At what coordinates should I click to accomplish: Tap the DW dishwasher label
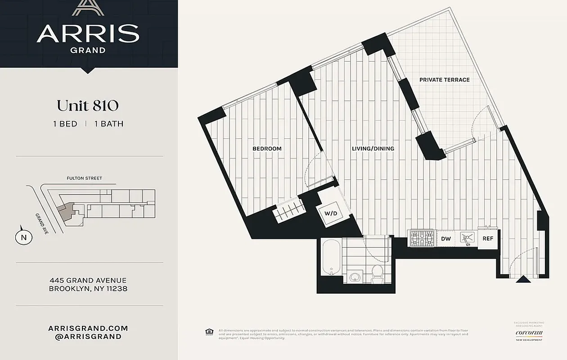(446, 239)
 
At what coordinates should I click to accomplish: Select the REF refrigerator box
(488, 238)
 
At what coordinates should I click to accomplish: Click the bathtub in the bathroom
(331, 258)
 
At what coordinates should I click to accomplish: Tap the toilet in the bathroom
(377, 273)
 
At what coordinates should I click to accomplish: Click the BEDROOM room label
(267, 148)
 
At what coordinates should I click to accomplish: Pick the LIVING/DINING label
(373, 148)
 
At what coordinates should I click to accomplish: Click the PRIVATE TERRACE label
(444, 80)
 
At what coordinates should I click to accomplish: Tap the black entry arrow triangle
(522, 279)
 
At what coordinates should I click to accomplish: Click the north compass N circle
(24, 237)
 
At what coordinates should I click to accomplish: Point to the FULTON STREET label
(84, 178)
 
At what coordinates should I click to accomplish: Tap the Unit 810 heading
(88, 105)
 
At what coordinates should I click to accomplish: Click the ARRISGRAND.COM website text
(88, 328)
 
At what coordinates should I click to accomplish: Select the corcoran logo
(529, 333)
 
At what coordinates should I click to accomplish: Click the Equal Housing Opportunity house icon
(209, 332)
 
